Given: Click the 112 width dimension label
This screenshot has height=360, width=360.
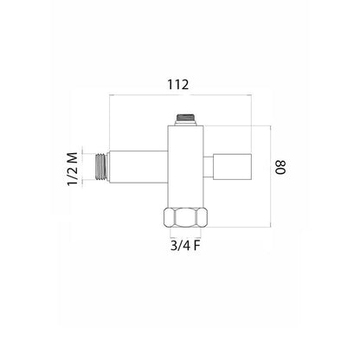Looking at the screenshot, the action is [x=178, y=85].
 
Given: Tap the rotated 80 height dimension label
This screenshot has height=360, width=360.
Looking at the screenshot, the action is [x=280, y=167].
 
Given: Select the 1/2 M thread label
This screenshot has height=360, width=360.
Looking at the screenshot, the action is [x=73, y=169].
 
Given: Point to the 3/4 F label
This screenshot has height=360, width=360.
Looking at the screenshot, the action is [x=185, y=246].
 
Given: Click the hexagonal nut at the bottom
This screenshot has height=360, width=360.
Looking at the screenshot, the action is [x=185, y=218].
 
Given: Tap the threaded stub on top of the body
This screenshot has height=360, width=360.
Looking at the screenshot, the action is [x=186, y=119].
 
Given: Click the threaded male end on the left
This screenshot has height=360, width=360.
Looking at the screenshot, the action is [x=101, y=167].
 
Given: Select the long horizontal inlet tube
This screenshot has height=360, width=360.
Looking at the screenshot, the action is [x=138, y=167].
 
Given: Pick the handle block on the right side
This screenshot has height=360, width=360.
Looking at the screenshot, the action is [x=233, y=167].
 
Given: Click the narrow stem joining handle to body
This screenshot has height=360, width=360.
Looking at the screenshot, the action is [x=209, y=167].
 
